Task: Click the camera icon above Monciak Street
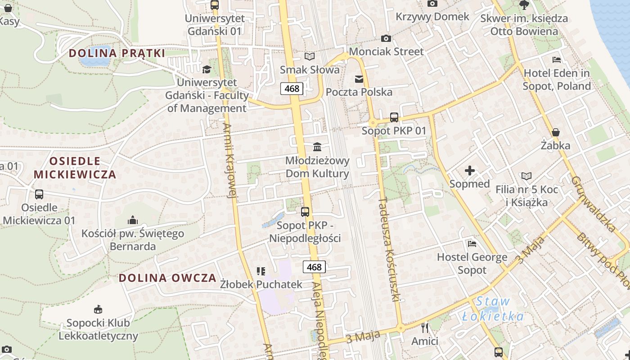point(386,39)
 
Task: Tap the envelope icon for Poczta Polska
point(359,79)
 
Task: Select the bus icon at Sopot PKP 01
point(394,117)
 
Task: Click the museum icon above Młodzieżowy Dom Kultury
point(317,147)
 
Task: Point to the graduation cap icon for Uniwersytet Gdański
point(207,69)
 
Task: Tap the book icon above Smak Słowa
point(310,56)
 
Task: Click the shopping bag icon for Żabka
point(556,132)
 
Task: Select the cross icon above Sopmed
point(470,171)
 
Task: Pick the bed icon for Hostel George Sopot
point(472,244)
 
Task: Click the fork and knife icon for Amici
point(424,328)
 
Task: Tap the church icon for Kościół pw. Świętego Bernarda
point(132,220)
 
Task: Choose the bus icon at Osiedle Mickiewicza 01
point(39,194)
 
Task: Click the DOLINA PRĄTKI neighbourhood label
point(117,53)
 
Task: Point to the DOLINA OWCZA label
point(168,278)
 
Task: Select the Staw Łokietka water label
point(493,309)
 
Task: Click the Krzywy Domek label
point(432,17)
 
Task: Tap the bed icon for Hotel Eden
point(557,60)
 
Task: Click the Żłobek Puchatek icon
point(261,271)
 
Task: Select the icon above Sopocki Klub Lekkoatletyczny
point(98,310)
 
